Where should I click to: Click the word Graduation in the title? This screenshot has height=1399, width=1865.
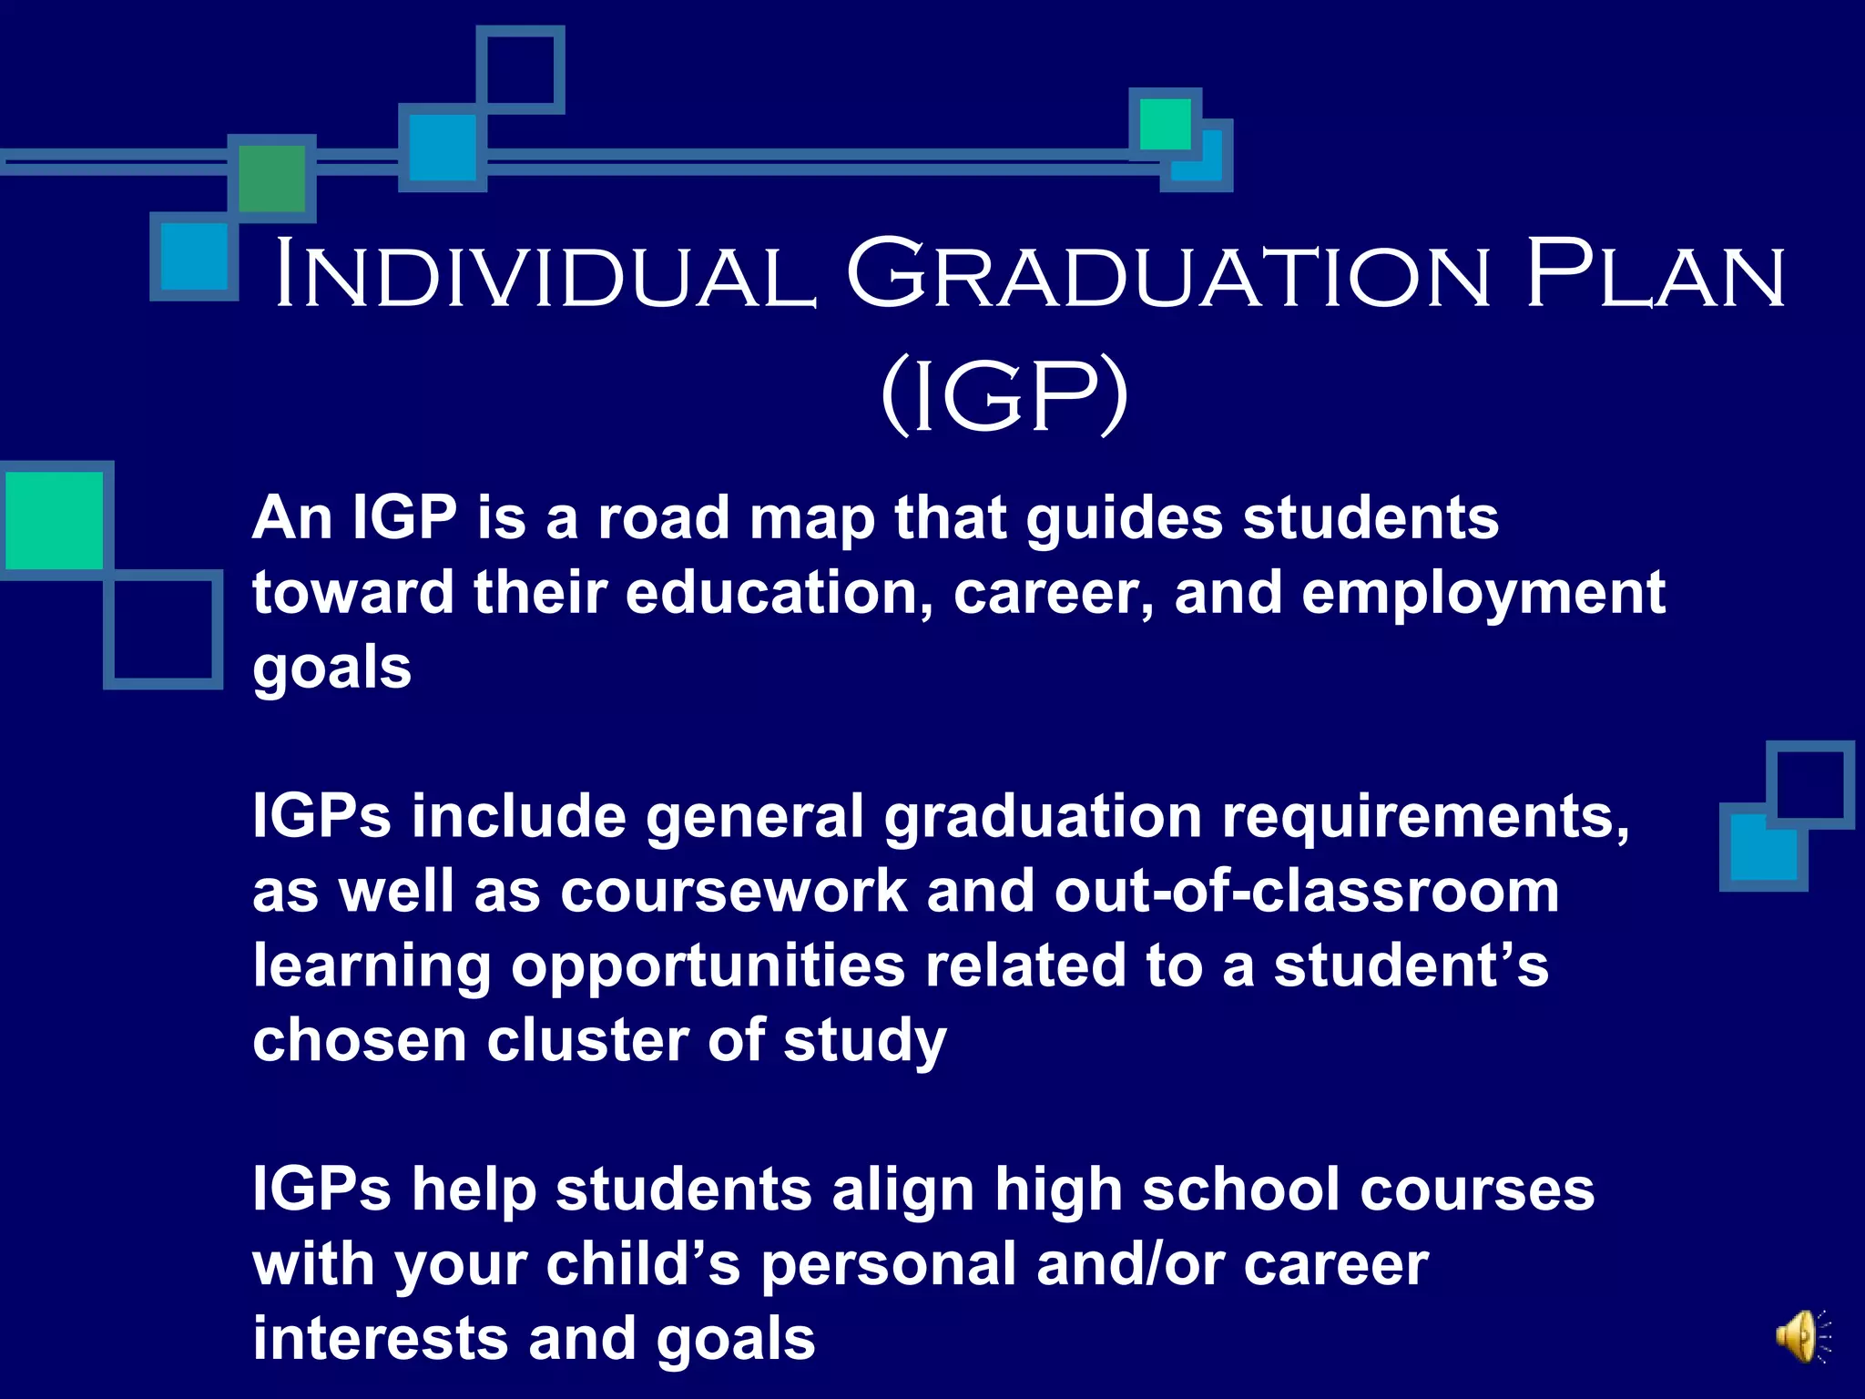[x=1169, y=273]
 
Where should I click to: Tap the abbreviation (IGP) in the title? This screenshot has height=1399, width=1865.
[x=1004, y=395]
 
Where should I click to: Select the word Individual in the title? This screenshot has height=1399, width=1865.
[x=544, y=273]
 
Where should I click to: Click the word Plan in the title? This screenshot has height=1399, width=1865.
[x=1655, y=273]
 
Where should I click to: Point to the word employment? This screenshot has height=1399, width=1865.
[x=1483, y=593]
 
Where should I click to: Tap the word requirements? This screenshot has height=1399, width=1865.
[x=1425, y=817]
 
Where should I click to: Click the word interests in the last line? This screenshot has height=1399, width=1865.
[x=380, y=1339]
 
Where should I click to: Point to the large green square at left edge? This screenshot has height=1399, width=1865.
[x=55, y=520]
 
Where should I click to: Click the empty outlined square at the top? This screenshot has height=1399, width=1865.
[x=520, y=69]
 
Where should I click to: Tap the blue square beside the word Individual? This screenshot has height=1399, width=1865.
[x=194, y=257]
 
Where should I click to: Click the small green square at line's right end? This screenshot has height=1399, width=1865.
[x=1165, y=124]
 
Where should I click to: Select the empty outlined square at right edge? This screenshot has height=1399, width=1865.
[x=1809, y=784]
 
